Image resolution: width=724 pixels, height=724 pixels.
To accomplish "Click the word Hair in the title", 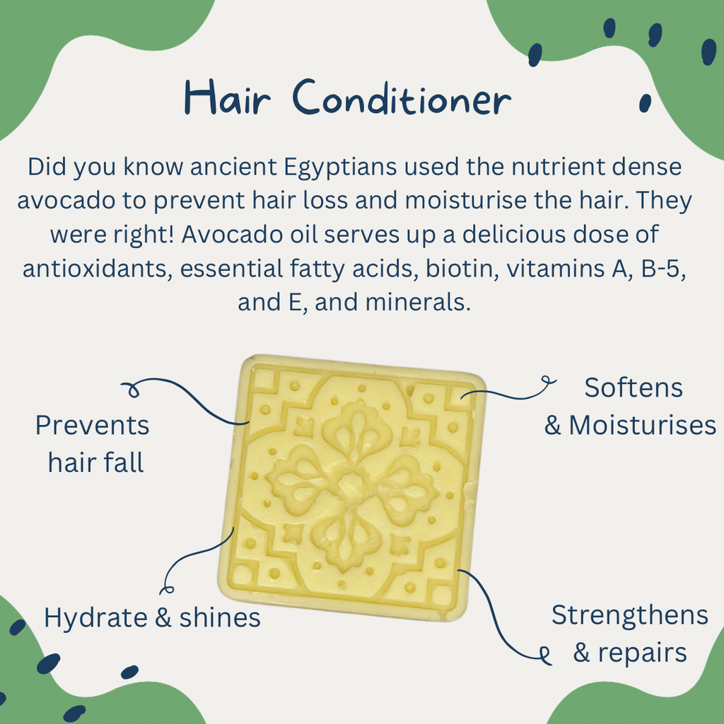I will click(x=226, y=98).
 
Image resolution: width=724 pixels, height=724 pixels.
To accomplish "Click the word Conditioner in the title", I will click(x=401, y=98).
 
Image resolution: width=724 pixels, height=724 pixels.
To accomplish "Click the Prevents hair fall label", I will click(x=93, y=444).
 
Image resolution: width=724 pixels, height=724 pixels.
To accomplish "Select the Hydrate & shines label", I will click(x=152, y=617).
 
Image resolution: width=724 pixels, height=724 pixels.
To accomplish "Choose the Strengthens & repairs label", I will click(x=629, y=633).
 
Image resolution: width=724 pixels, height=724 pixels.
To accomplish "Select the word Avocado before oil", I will click(x=233, y=235).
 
